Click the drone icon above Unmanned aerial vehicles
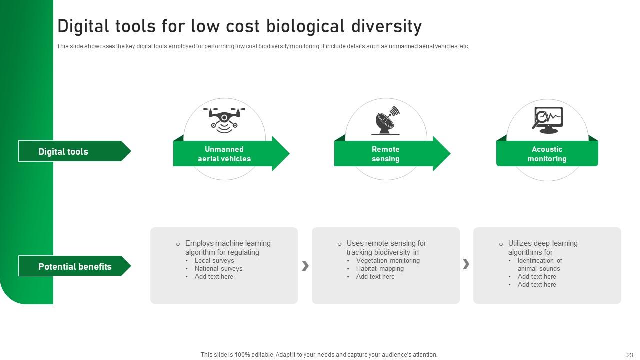pyautogui.click(x=224, y=120)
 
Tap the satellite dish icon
pyautogui.click(x=386, y=121)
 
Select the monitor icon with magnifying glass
pyautogui.click(x=547, y=120)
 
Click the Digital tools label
pyautogui.click(x=63, y=151)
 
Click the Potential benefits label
pyautogui.click(x=75, y=266)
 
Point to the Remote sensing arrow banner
pyautogui.click(x=386, y=154)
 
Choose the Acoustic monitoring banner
pyautogui.click(x=547, y=154)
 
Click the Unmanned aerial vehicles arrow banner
pyautogui.click(x=224, y=154)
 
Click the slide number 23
pyautogui.click(x=629, y=355)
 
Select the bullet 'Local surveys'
pyautogui.click(x=214, y=260)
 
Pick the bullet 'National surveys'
pyautogui.click(x=218, y=268)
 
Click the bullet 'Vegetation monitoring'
pyautogui.click(x=388, y=260)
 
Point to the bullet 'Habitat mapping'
pyautogui.click(x=380, y=268)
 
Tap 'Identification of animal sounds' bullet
pyautogui.click(x=539, y=264)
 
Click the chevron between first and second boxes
pyautogui.click(x=305, y=266)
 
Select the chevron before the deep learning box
pyautogui.click(x=466, y=264)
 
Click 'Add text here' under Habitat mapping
pyautogui.click(x=375, y=276)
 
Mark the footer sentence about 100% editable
pyautogui.click(x=319, y=355)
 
